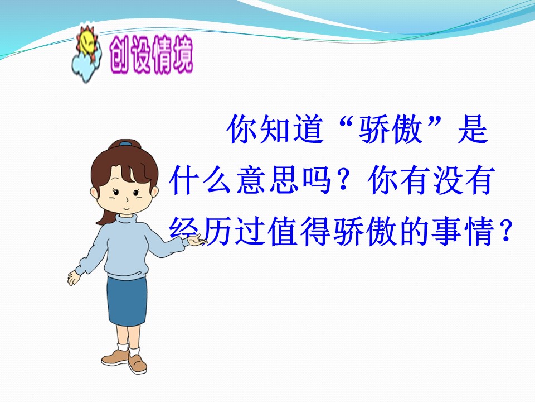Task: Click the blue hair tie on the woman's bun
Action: (127, 144)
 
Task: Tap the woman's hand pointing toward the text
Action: (195, 240)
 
